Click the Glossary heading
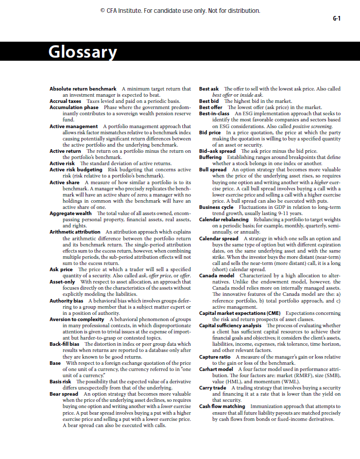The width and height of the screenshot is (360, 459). (82, 52)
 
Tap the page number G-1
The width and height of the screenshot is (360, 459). (336, 19)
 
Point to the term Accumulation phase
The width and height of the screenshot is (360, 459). (74, 107)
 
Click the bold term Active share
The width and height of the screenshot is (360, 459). (64, 182)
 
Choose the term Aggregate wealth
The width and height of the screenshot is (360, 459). (71, 213)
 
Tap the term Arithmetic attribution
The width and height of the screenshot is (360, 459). (75, 232)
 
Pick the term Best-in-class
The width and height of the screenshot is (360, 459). (215, 113)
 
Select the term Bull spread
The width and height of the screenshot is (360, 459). (213, 169)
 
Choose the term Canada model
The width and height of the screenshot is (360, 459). (216, 275)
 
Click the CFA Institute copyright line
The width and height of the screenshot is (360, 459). (180, 11)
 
